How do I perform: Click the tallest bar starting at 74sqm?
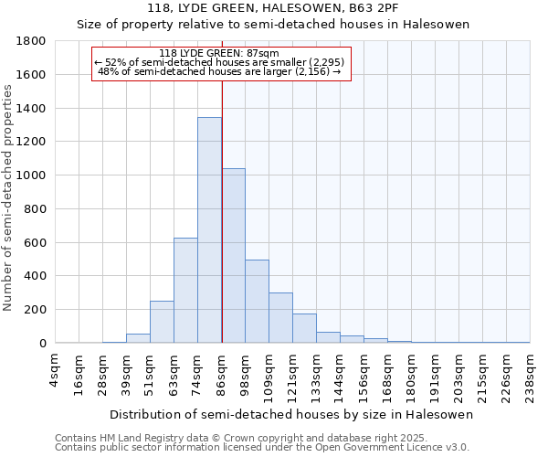[209, 230]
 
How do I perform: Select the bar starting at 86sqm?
[233, 256]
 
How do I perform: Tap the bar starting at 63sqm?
[185, 291]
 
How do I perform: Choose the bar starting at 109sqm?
[280, 318]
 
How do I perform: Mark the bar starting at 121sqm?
[304, 328]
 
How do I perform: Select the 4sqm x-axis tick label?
[56, 370]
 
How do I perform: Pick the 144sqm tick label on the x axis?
[340, 373]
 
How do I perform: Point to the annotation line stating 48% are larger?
[219, 71]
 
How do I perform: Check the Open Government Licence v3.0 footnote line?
[262, 448]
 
